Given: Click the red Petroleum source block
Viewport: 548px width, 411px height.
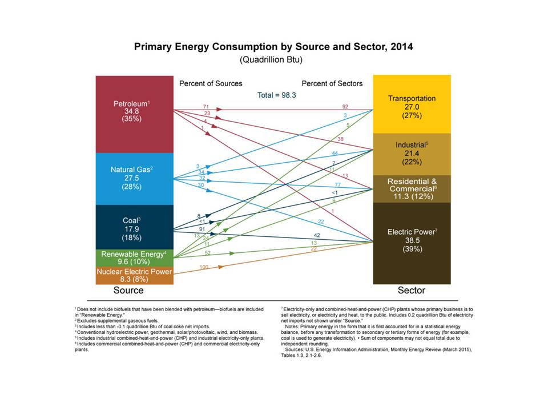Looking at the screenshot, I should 134,114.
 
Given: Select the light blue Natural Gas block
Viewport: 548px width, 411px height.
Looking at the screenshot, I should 134,179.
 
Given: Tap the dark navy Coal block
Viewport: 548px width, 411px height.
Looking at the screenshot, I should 134,227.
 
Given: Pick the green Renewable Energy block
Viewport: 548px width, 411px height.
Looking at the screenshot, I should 134,257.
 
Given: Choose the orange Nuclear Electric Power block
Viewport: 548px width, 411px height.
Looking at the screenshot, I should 134,275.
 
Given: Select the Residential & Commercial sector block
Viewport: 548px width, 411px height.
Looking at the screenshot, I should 412,188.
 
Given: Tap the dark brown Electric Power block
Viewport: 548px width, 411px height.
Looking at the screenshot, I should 412,242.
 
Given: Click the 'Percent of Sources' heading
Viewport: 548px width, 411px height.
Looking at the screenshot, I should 211,83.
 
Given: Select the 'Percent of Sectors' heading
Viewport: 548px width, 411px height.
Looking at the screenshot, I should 332,83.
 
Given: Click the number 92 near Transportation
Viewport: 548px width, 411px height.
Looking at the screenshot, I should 345,106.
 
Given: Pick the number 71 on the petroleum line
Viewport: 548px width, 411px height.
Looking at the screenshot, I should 206,106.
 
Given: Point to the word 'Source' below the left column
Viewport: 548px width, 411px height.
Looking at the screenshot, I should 128,291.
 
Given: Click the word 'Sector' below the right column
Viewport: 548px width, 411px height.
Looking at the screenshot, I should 412,291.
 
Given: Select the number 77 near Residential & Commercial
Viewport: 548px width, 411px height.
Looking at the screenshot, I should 337,185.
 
